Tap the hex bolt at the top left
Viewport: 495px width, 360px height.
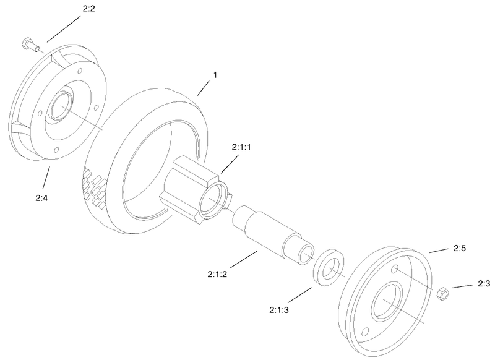tap(28, 45)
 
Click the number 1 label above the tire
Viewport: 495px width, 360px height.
tap(215, 75)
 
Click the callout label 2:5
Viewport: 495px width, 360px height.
tap(459, 248)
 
